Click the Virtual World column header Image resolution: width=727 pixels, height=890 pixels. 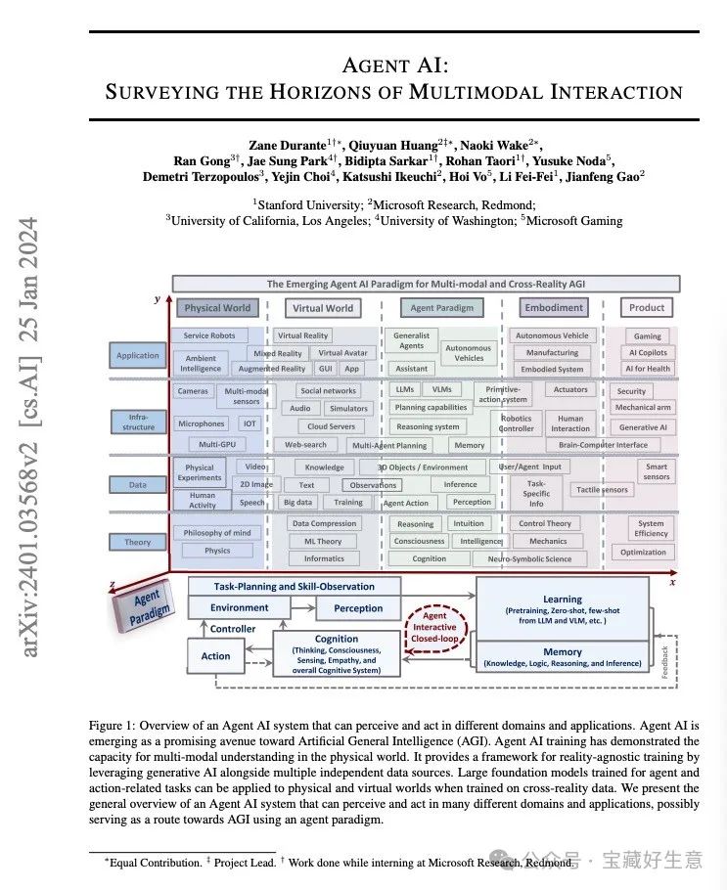pos(323,308)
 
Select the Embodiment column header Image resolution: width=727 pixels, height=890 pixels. pos(554,307)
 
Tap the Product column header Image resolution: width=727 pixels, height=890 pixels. pos(647,307)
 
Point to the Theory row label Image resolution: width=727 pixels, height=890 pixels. pos(137,542)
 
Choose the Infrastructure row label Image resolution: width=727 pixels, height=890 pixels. pos(137,422)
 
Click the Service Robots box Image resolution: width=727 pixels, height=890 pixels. pos(208,335)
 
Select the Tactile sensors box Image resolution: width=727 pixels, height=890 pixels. pos(602,490)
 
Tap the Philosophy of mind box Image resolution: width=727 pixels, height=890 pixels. pos(217,533)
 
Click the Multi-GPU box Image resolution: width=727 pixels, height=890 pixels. pos(216,444)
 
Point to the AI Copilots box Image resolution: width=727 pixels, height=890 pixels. pos(648,352)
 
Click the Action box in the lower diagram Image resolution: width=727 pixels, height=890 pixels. pos(216,655)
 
